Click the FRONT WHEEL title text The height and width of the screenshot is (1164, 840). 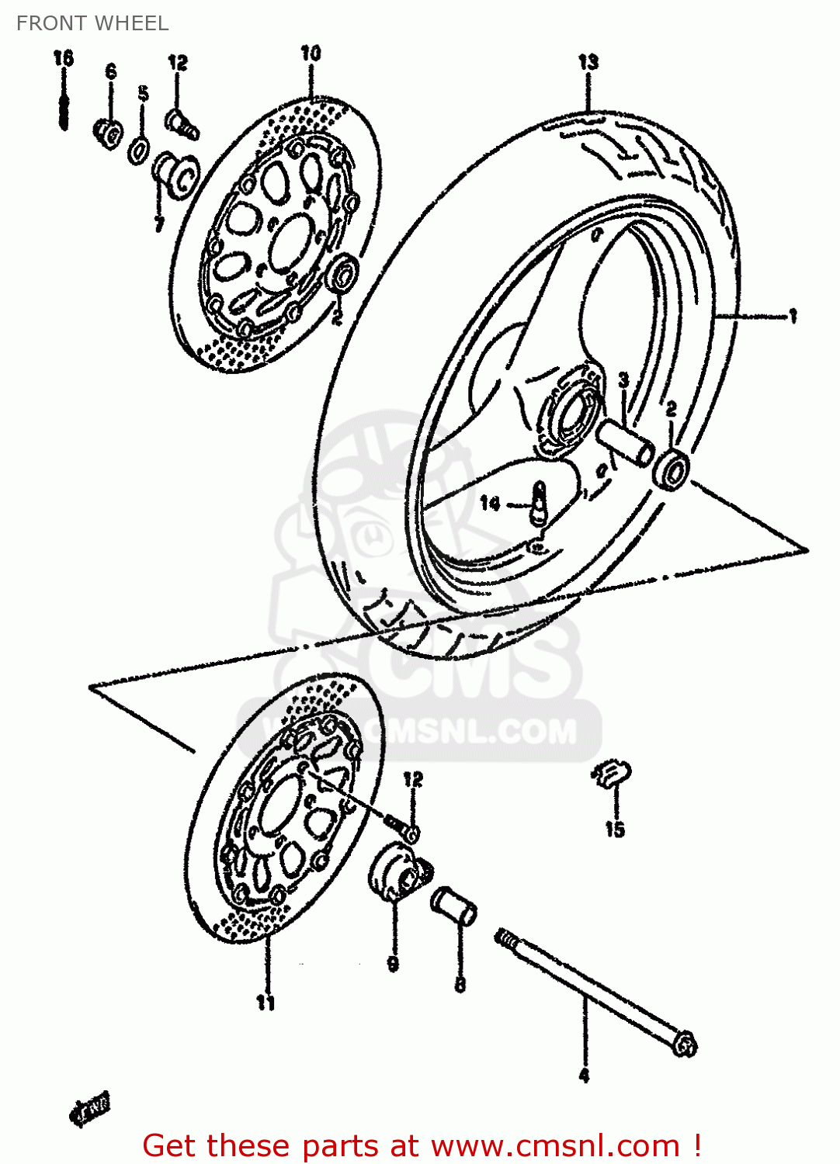[x=92, y=23]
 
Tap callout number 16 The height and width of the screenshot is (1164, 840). [x=64, y=58]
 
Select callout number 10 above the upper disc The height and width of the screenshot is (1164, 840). [x=310, y=54]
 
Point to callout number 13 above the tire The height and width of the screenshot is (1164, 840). [x=588, y=61]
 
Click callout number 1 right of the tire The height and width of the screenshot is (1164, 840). [x=793, y=316]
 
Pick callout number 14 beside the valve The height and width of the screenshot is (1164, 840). [x=490, y=504]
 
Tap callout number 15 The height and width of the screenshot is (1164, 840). [x=615, y=830]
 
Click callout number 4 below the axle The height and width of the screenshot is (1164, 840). [x=585, y=1076]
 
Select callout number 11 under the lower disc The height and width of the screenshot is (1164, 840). [x=266, y=1003]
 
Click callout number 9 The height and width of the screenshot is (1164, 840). [x=393, y=964]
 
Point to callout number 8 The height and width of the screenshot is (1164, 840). [x=460, y=986]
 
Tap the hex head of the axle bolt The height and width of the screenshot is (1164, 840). [x=685, y=1044]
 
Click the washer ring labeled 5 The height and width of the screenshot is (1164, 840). [x=139, y=150]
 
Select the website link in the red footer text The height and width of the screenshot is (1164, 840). [x=555, y=1145]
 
